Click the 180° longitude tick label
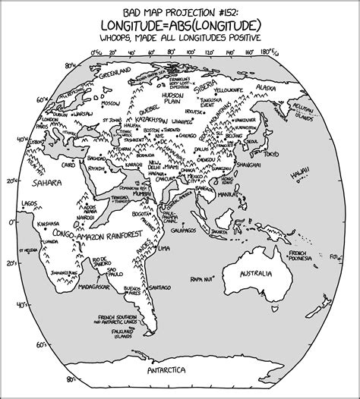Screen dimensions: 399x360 click(266, 52)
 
